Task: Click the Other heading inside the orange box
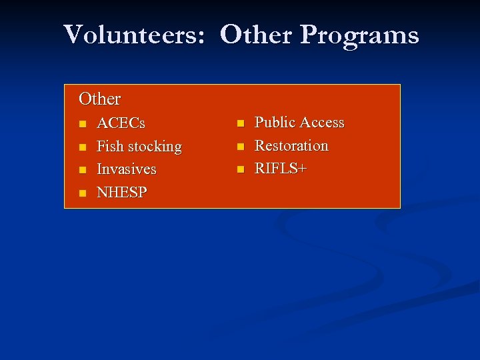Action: [x=99, y=99]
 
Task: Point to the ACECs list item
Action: [x=121, y=123]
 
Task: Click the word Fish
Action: [x=110, y=146]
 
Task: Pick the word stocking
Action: [x=155, y=147]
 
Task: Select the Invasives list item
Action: [x=126, y=169]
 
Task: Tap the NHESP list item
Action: [x=122, y=193]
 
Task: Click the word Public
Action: [x=275, y=123]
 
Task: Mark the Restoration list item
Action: [x=291, y=145]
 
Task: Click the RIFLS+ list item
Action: [x=281, y=169]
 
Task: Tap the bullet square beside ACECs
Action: [x=82, y=124]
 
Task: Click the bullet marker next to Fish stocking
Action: [x=82, y=147]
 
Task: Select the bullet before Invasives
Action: [x=82, y=170]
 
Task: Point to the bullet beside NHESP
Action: [x=82, y=193]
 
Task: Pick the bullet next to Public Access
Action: [x=240, y=123]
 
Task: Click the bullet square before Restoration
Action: [x=240, y=147]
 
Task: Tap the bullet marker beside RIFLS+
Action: [x=240, y=169]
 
